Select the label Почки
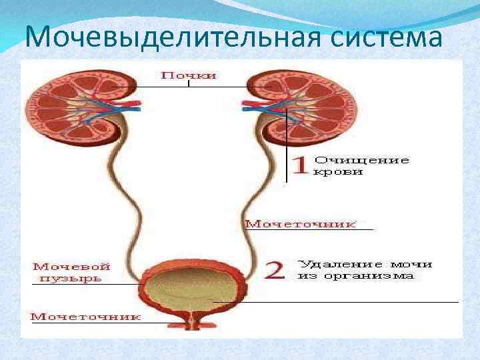click(x=189, y=75)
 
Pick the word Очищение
click(x=361, y=160)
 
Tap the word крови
click(x=339, y=172)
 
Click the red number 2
click(x=275, y=270)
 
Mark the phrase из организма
click(x=355, y=276)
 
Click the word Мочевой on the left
click(x=71, y=266)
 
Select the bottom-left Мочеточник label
click(x=86, y=317)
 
